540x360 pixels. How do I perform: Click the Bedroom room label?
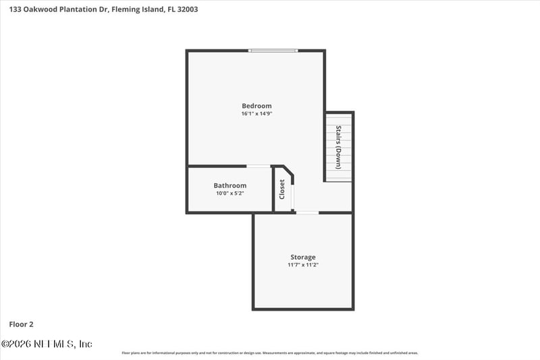click(x=256, y=105)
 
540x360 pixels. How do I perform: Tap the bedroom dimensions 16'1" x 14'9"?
click(x=256, y=113)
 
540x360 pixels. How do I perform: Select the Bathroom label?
click(x=230, y=185)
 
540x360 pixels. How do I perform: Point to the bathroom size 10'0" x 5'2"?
click(x=230, y=193)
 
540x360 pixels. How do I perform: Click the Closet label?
click(x=282, y=189)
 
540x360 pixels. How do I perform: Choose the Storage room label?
click(x=303, y=257)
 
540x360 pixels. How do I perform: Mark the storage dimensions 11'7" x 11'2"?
click(x=303, y=265)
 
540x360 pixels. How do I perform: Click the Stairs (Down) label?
click(x=339, y=147)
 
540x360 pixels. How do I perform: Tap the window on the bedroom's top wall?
click(x=273, y=50)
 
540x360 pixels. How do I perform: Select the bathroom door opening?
click(x=258, y=166)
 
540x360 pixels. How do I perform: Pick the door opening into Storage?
click(x=308, y=213)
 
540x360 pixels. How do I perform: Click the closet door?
click(x=292, y=195)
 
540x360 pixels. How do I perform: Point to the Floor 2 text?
click(x=21, y=324)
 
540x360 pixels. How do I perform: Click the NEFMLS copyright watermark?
click(x=47, y=344)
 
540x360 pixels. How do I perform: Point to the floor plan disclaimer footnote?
click(x=270, y=353)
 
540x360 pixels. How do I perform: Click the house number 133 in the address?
click(x=15, y=9)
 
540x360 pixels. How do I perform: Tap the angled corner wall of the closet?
click(x=288, y=172)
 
